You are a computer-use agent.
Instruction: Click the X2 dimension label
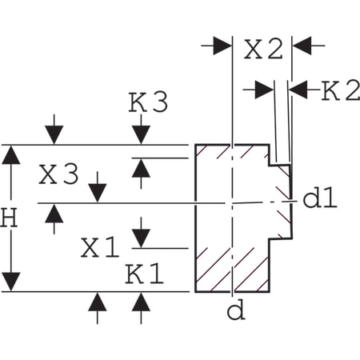(x=263, y=50)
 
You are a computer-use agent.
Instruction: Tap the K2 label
(x=338, y=90)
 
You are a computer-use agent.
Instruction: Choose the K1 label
(x=145, y=274)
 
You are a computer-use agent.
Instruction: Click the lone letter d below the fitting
(x=235, y=310)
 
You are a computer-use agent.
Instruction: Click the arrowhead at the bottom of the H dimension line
(x=11, y=282)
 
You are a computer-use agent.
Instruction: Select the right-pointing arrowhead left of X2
(x=220, y=46)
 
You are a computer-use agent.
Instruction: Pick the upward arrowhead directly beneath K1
(x=142, y=302)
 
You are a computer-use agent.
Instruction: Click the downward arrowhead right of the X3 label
(x=97, y=192)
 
